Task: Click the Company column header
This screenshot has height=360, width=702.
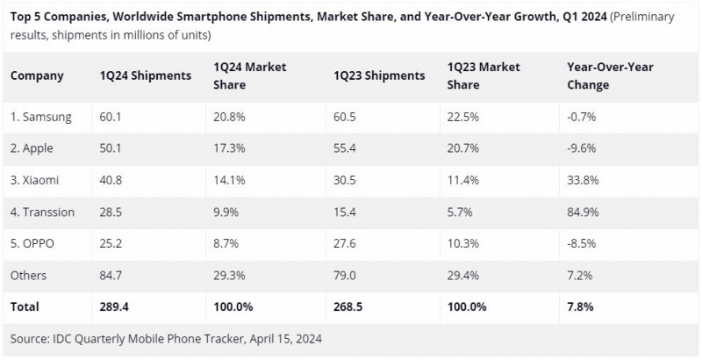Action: (37, 76)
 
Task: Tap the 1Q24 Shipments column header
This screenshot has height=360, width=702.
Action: (146, 76)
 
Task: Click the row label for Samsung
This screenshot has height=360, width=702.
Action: (41, 117)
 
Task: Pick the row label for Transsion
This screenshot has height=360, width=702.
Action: (42, 212)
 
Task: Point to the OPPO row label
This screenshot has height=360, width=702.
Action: (34, 243)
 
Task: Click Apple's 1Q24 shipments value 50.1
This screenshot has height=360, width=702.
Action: (111, 148)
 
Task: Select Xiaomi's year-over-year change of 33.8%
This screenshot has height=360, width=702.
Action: (584, 180)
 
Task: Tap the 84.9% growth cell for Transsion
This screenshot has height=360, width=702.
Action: (584, 212)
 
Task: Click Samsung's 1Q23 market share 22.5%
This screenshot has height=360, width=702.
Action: (462, 117)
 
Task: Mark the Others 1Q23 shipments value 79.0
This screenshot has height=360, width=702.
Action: (345, 275)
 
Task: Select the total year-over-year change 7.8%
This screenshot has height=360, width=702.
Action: (580, 306)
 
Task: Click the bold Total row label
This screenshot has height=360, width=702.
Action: (25, 306)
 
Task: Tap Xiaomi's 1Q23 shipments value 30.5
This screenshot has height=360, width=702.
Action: (345, 180)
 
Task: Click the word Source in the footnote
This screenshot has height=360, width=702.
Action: (31, 337)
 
